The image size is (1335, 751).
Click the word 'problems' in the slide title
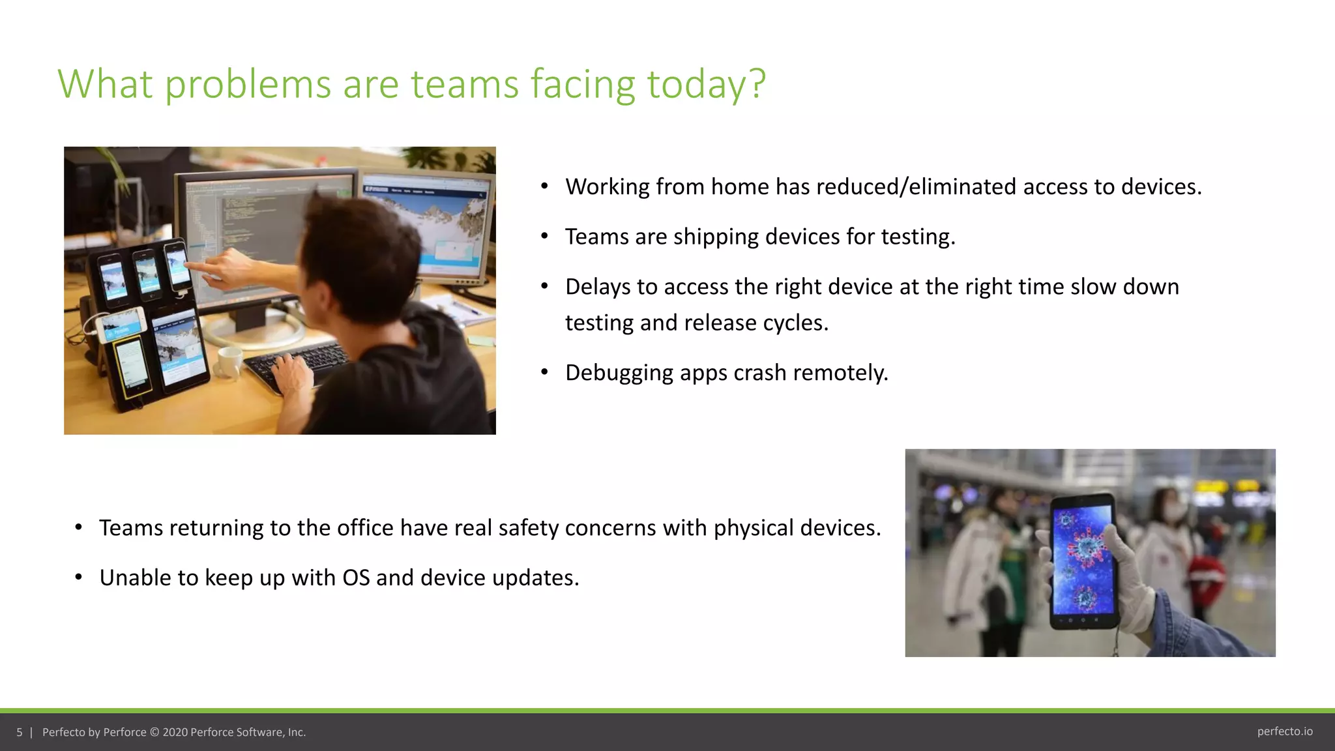coord(248,84)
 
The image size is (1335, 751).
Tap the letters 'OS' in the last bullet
coord(356,578)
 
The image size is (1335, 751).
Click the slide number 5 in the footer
coord(20,732)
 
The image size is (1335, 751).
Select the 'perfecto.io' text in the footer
coord(1285,731)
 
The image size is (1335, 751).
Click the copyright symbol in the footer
coord(154,732)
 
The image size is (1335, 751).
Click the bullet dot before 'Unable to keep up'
coord(78,578)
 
